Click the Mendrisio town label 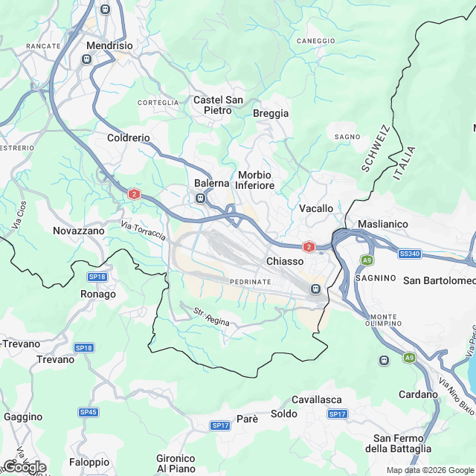click(x=109, y=45)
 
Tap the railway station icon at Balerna click(x=200, y=198)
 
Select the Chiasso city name click(x=285, y=262)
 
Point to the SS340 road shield click(x=409, y=254)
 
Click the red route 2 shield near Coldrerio click(x=134, y=194)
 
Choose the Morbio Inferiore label click(x=256, y=180)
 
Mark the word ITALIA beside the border click(x=405, y=164)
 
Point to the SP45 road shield click(x=89, y=412)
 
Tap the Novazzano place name click(x=78, y=231)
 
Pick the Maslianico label click(x=385, y=224)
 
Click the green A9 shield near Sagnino click(x=367, y=260)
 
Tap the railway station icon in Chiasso click(x=315, y=289)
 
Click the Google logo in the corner click(x=24, y=466)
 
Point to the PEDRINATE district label click(x=250, y=282)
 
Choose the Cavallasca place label click(x=316, y=399)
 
